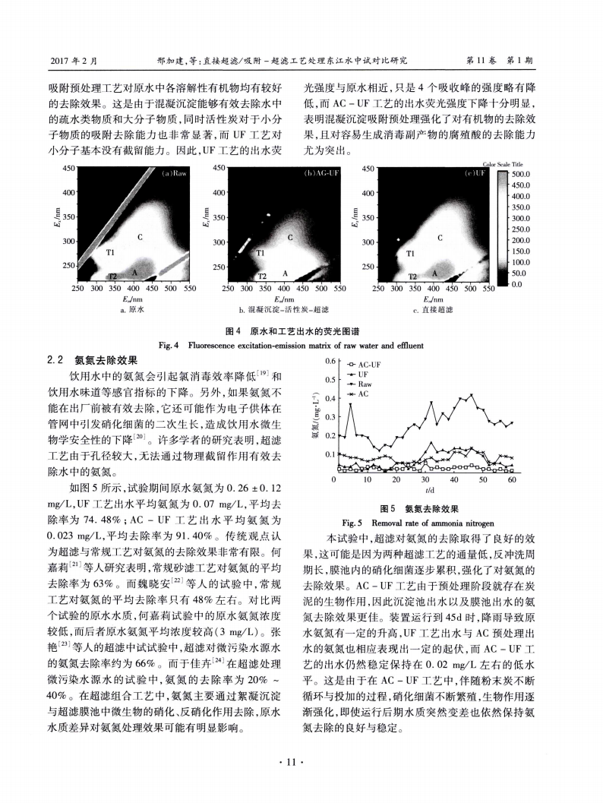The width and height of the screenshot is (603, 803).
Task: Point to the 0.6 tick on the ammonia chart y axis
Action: (x=329, y=361)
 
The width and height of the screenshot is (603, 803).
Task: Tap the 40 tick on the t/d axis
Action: (x=453, y=480)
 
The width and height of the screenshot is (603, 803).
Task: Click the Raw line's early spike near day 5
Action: (x=351, y=404)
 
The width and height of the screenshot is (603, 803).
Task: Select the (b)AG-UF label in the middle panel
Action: (x=323, y=174)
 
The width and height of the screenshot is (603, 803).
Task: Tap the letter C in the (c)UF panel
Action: (x=440, y=238)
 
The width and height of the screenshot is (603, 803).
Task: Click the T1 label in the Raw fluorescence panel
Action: (x=110, y=251)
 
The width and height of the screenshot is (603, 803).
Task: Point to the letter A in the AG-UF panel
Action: (x=286, y=272)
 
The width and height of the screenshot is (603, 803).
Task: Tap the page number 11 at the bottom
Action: (x=301, y=760)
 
